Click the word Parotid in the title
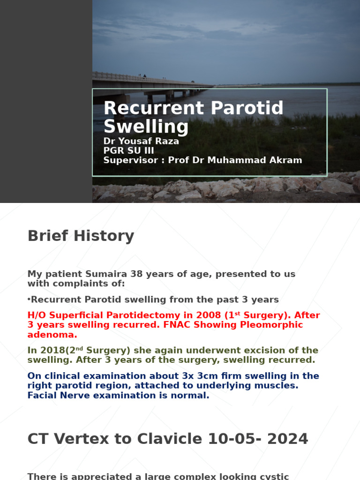(247, 108)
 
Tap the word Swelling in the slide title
(146, 127)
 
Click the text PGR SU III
(129, 150)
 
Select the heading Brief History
(81, 236)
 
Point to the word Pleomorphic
(273, 325)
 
